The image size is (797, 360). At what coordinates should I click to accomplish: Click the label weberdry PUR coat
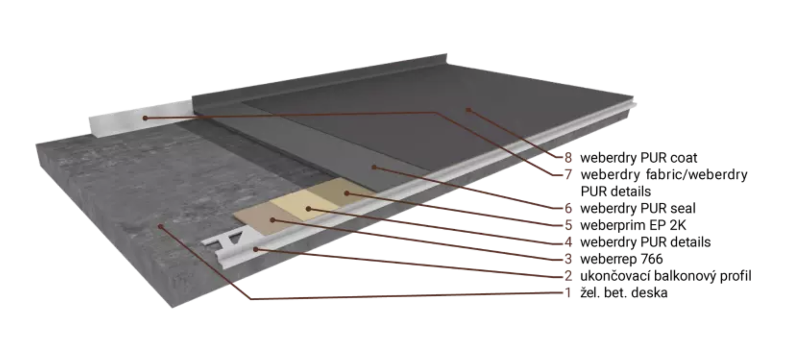(638, 158)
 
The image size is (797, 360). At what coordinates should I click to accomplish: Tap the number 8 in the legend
(568, 158)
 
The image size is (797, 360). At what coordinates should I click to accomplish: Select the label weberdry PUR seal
(638, 208)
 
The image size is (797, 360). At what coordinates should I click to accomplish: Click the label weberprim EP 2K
(633, 225)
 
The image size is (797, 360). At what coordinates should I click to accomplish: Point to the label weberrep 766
(621, 259)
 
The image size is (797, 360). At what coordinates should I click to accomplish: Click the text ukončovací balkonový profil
(666, 276)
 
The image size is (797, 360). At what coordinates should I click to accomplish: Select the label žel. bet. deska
(624, 293)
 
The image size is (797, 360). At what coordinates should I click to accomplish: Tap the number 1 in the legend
(568, 293)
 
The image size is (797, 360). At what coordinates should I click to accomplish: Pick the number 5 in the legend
(568, 225)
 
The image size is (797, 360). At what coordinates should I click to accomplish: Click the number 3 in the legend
(568, 259)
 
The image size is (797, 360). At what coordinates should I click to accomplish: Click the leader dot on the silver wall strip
(145, 118)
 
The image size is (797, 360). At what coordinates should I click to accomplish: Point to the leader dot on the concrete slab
(161, 226)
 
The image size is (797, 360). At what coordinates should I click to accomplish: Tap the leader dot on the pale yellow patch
(308, 209)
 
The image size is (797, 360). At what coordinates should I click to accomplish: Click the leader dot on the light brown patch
(272, 220)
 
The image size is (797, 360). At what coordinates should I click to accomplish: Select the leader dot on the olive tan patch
(346, 193)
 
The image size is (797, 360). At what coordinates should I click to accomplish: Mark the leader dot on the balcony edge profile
(256, 250)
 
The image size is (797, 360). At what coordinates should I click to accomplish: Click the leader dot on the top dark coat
(468, 110)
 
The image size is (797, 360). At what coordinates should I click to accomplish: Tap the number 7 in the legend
(568, 174)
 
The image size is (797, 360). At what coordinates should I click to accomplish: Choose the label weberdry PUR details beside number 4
(645, 242)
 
